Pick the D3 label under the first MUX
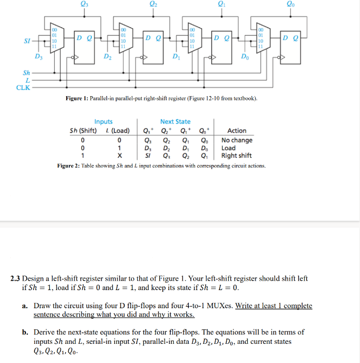pyautogui.click(x=38, y=56)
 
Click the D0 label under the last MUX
pyautogui.click(x=246, y=56)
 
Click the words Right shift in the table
pyautogui.click(x=236, y=156)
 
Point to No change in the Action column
pyautogui.click(x=237, y=140)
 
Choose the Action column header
pyautogui.click(x=237, y=131)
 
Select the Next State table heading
pyautogui.click(x=175, y=122)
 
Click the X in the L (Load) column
pyautogui.click(x=119, y=156)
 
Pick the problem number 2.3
pyautogui.click(x=16, y=278)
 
